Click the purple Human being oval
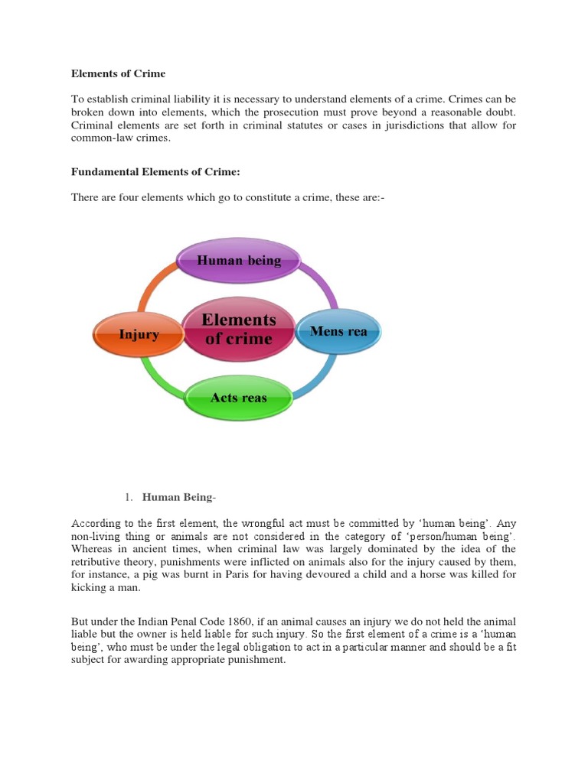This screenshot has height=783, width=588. [x=239, y=261]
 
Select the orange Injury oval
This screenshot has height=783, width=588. [x=138, y=334]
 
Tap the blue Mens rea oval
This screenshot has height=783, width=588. [x=338, y=332]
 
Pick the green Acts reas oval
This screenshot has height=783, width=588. [x=239, y=398]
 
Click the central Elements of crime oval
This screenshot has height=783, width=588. [x=238, y=329]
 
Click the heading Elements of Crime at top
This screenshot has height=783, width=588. [x=118, y=74]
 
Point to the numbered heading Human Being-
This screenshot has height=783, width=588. [x=180, y=498]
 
